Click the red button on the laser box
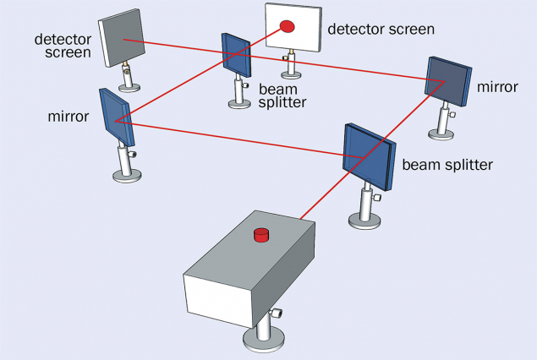point(260,234)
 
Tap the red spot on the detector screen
point(288,27)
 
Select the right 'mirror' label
point(496,87)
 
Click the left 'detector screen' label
point(63,46)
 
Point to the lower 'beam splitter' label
point(446,162)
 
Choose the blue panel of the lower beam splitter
point(366,156)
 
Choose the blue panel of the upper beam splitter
point(235,54)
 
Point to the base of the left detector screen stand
point(129,87)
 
